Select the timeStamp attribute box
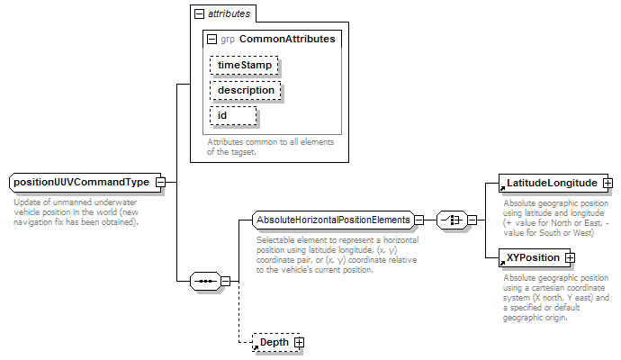pyautogui.click(x=244, y=66)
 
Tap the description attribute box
pyautogui.click(x=246, y=91)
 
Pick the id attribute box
pyautogui.click(x=233, y=115)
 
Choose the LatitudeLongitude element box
pyautogui.click(x=553, y=183)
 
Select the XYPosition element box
pyautogui.click(x=535, y=257)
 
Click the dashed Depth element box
pyautogui.click(x=276, y=343)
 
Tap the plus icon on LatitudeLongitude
pyautogui.click(x=607, y=183)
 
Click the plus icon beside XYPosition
pyautogui.click(x=570, y=257)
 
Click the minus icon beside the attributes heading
pyautogui.click(x=199, y=14)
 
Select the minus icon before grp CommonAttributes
pyautogui.click(x=212, y=40)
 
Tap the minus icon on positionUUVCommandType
pyautogui.click(x=160, y=182)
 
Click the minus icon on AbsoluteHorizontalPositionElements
pyautogui.click(x=419, y=220)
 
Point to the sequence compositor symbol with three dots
pyautogui.click(x=205, y=281)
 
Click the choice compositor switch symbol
pyautogui.click(x=452, y=220)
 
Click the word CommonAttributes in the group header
pyautogui.click(x=287, y=39)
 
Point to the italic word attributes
pyautogui.click(x=229, y=13)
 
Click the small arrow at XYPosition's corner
pyautogui.click(x=502, y=263)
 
